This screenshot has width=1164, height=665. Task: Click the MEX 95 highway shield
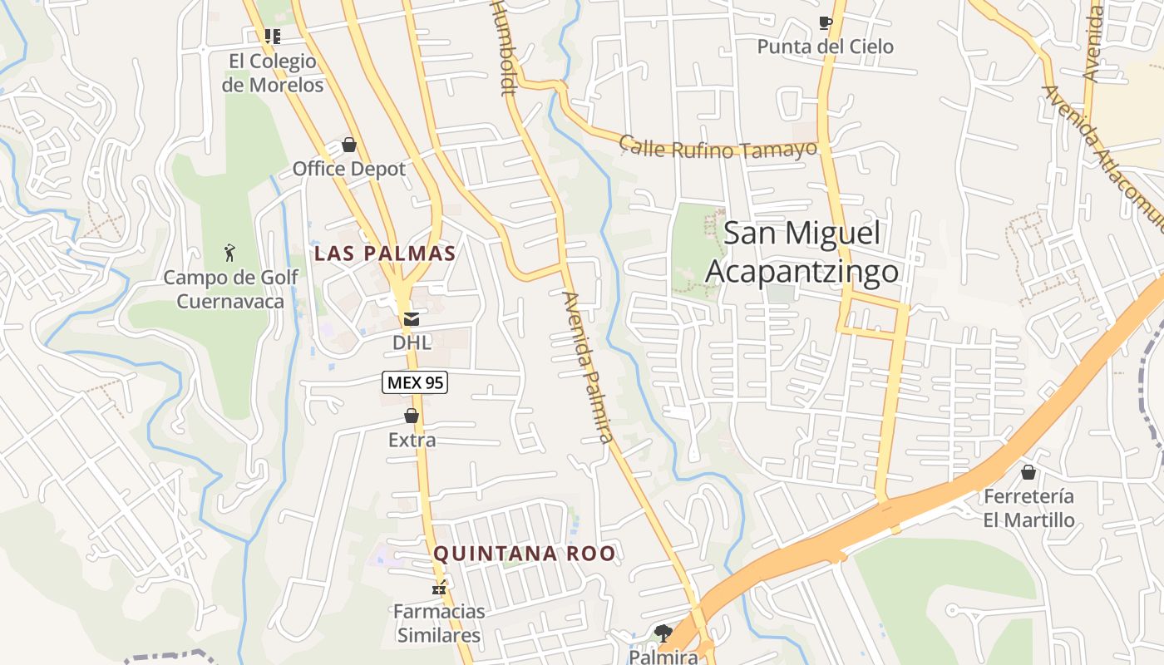pyautogui.click(x=415, y=382)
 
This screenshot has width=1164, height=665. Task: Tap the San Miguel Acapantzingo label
pyautogui.click(x=802, y=252)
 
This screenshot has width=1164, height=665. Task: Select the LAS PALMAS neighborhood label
pyautogui.click(x=385, y=254)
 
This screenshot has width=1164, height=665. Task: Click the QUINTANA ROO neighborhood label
pyautogui.click(x=525, y=554)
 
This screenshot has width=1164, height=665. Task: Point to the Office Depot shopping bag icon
pyautogui.click(x=349, y=145)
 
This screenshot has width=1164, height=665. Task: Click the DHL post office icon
pyautogui.click(x=411, y=318)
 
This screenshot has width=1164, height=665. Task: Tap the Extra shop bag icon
pyautogui.click(x=411, y=416)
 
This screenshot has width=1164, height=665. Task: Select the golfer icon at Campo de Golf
pyautogui.click(x=229, y=252)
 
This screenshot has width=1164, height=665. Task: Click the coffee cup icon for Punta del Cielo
pyautogui.click(x=825, y=22)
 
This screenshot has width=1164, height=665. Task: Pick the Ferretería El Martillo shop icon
pyautogui.click(x=1028, y=472)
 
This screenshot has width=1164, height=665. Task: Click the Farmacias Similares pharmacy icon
pyautogui.click(x=438, y=588)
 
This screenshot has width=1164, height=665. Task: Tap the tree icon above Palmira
pyautogui.click(x=663, y=633)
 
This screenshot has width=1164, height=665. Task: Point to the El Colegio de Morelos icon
pyautogui.click(x=272, y=36)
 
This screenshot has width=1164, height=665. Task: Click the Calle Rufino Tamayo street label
pyautogui.click(x=718, y=148)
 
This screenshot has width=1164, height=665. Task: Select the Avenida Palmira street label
pyautogui.click(x=587, y=366)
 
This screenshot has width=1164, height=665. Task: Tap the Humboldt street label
pyautogui.click(x=505, y=47)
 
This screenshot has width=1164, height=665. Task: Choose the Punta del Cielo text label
pyautogui.click(x=825, y=47)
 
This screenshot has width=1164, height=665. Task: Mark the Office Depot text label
pyautogui.click(x=349, y=169)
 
